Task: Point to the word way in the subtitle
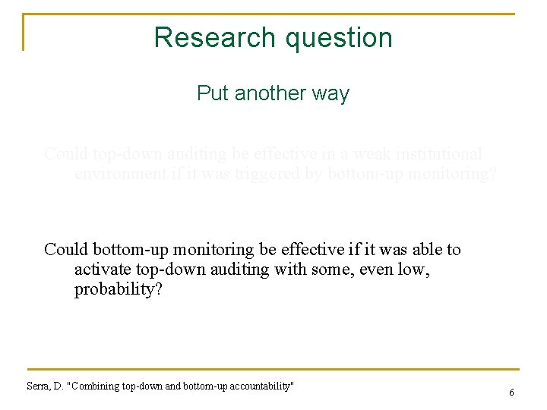click(x=333, y=93)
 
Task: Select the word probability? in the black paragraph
click(x=117, y=291)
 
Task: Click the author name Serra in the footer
click(x=38, y=386)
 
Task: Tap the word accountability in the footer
click(x=256, y=386)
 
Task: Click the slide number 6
click(x=511, y=393)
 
